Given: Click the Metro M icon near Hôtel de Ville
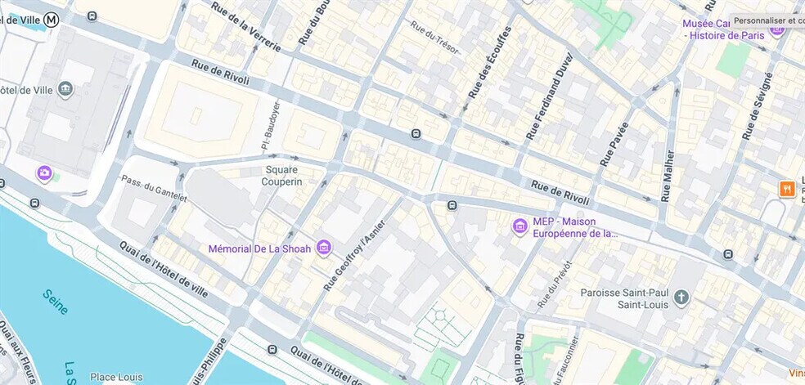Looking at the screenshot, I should pos(52,19).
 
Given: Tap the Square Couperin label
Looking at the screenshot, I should pos(281,176).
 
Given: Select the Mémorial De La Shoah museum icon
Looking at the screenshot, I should pos(324,247).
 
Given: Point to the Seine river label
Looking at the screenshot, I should pos(55,301).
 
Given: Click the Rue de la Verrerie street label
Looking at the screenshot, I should pos(245,27).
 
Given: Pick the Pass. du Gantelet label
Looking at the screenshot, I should pos(154,188).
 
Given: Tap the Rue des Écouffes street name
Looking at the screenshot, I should pos(489,62).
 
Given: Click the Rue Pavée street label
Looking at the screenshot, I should pos(614,145).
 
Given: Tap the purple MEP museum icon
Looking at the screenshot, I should pos(519,226).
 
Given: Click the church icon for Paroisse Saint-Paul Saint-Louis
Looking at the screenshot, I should pos(681,298).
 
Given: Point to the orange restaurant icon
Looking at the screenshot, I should pos(787,189).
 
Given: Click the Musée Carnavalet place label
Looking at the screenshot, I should pos(724,29).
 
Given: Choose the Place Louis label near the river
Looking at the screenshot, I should pos(116,377).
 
